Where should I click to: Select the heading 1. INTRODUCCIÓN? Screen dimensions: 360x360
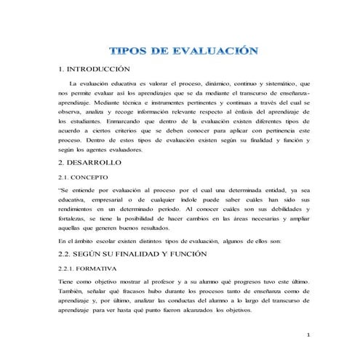[x=93, y=69]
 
